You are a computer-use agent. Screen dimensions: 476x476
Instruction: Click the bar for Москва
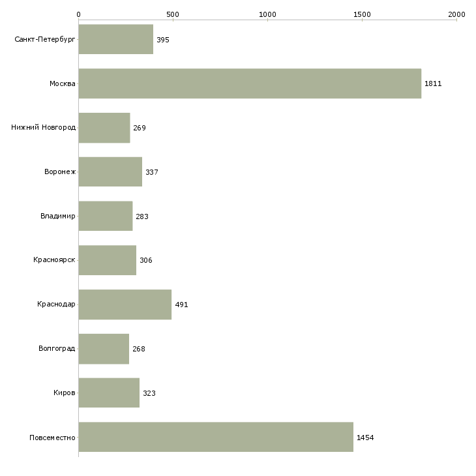(x=250, y=83)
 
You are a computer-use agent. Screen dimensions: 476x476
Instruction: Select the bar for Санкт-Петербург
(x=115, y=39)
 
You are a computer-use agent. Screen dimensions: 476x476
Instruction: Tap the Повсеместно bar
(x=216, y=437)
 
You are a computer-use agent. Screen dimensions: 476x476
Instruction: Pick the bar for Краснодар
(x=125, y=305)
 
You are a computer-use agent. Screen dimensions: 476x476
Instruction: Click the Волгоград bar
(x=104, y=349)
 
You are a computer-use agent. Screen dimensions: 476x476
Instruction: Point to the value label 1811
(x=433, y=83)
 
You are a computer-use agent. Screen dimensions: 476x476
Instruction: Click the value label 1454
(x=365, y=438)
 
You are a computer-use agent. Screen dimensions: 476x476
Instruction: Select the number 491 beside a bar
(x=181, y=305)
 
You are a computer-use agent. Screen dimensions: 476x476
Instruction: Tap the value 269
(x=140, y=128)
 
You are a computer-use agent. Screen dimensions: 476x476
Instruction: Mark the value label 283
(x=142, y=216)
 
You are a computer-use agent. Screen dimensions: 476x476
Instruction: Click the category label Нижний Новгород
(x=44, y=128)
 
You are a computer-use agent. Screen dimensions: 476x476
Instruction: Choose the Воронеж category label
(x=60, y=172)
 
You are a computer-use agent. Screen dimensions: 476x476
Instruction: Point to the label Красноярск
(x=54, y=260)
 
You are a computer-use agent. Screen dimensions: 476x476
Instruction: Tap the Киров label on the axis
(x=65, y=393)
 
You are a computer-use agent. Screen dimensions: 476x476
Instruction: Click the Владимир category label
(x=58, y=216)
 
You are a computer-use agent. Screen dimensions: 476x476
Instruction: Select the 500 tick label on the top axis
(x=173, y=14)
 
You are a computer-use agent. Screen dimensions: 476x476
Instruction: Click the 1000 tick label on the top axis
(x=267, y=14)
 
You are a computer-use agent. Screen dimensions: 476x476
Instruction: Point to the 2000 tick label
(x=456, y=14)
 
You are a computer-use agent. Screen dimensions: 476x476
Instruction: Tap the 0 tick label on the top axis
(x=79, y=14)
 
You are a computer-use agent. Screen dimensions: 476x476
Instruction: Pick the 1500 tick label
(x=362, y=14)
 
